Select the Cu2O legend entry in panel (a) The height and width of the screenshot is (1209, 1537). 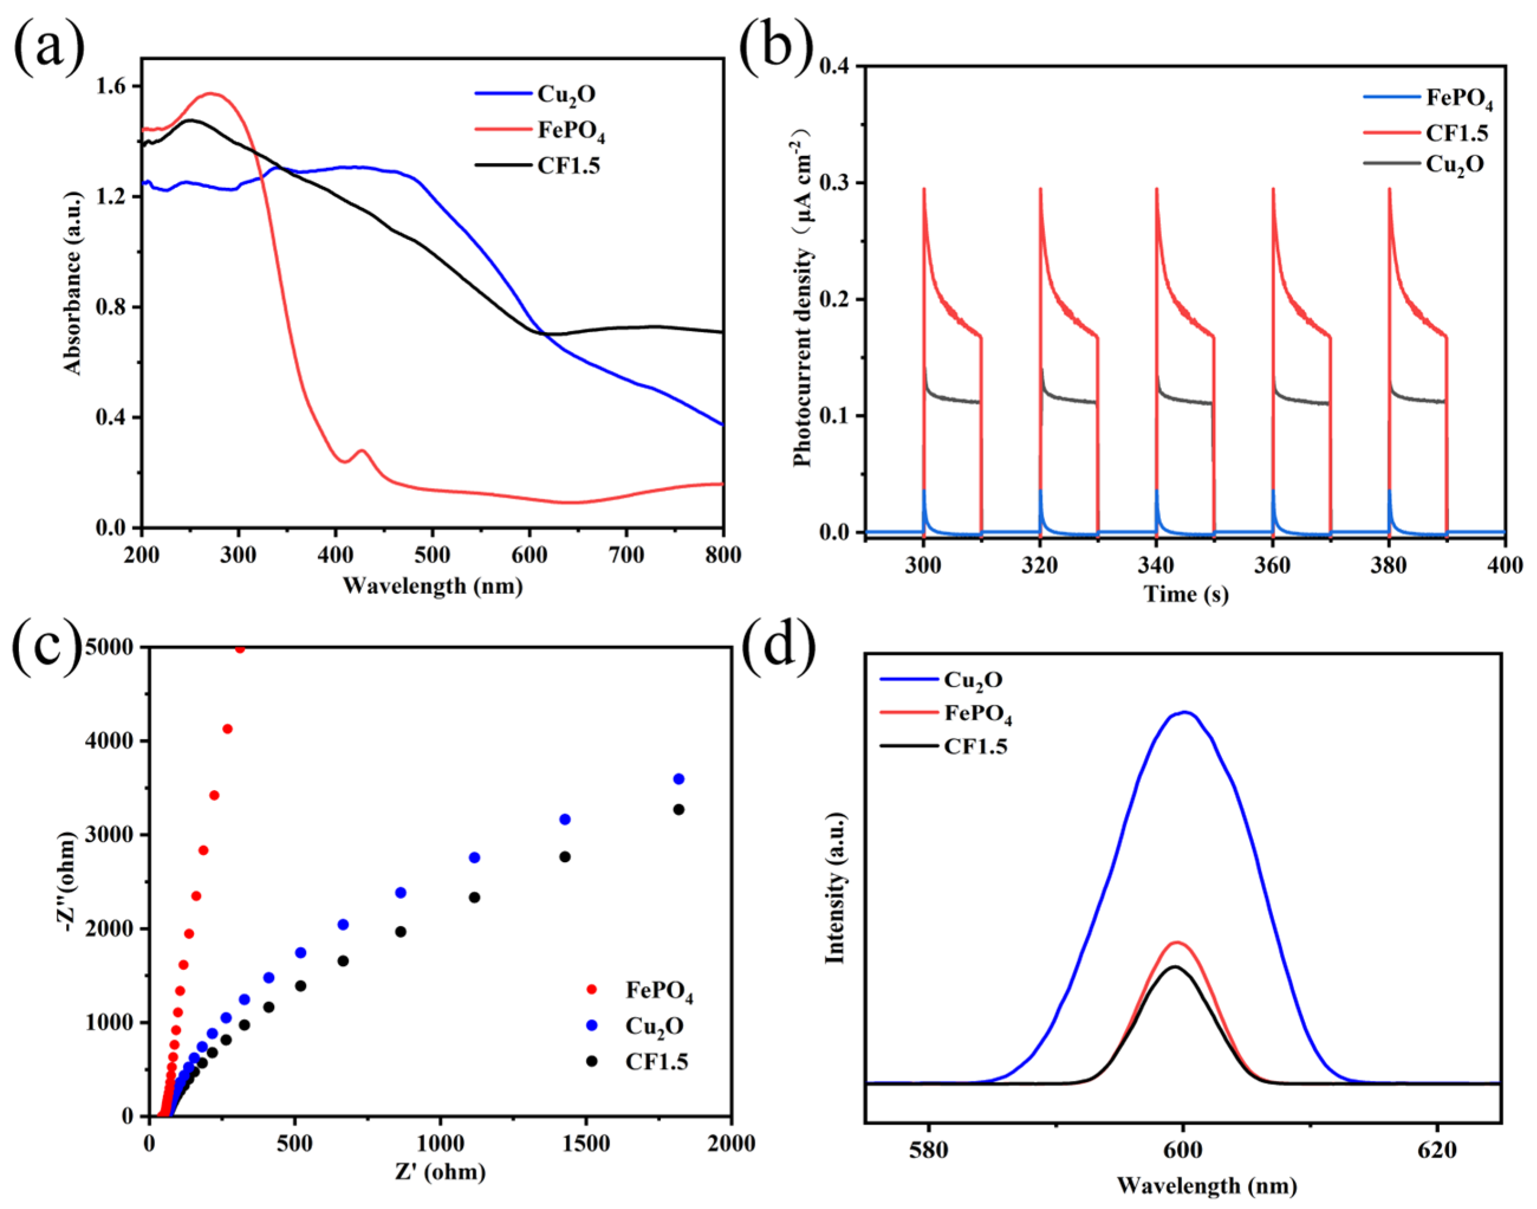[x=566, y=94]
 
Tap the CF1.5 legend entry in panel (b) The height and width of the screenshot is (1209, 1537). [x=1456, y=133]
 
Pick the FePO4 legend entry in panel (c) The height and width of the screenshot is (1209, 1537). [x=658, y=990]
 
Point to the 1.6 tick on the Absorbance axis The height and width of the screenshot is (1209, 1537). [x=115, y=86]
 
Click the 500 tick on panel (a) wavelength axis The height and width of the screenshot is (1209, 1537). [x=432, y=555]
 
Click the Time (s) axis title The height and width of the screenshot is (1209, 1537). [x=1186, y=593]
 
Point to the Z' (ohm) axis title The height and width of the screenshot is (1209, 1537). [x=440, y=1172]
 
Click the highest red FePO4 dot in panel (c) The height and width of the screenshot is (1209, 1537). [x=240, y=648]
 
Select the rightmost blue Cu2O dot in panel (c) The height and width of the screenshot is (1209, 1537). [x=679, y=779]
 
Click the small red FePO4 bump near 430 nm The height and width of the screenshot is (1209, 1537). [x=362, y=451]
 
